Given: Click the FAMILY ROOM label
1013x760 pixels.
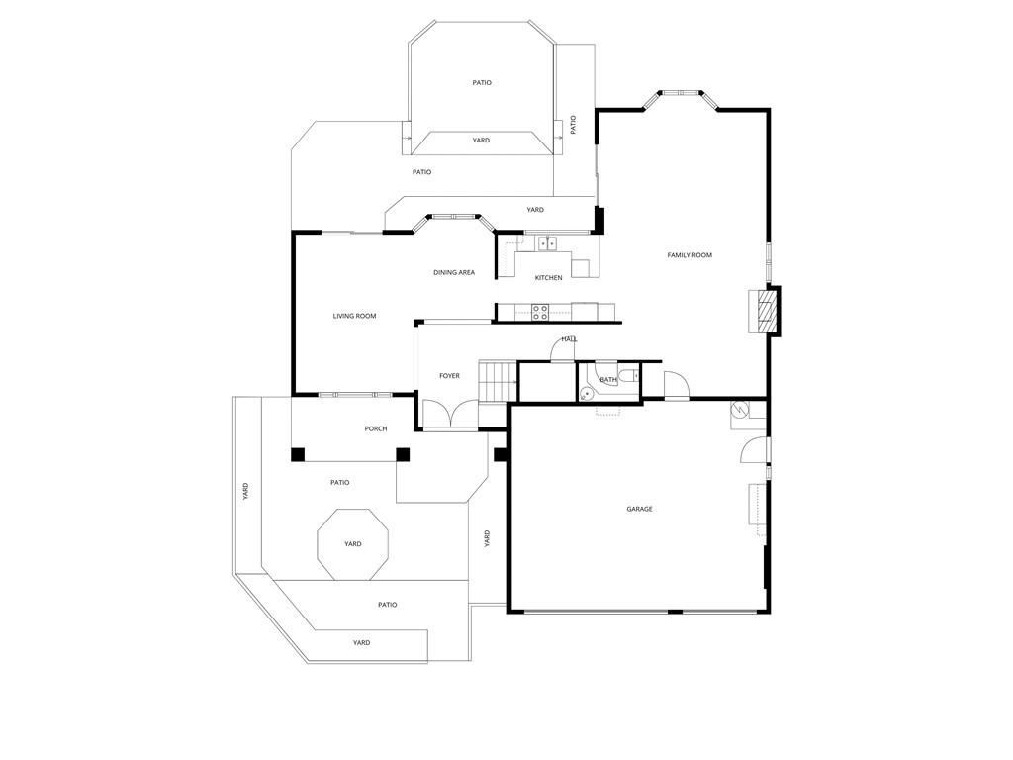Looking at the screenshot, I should pyautogui.click(x=690, y=255).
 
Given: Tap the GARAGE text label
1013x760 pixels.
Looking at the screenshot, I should pyautogui.click(x=639, y=509).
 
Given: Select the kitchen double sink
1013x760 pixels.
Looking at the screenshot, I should pyautogui.click(x=547, y=243).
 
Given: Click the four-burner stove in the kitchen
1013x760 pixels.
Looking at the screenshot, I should pyautogui.click(x=540, y=312).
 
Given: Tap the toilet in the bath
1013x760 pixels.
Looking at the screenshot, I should pyautogui.click(x=629, y=376).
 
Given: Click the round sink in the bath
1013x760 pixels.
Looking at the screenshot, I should pyautogui.click(x=587, y=393).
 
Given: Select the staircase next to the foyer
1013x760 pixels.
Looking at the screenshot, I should pyautogui.click(x=498, y=380).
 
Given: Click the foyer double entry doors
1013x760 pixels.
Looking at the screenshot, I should pyautogui.click(x=449, y=414).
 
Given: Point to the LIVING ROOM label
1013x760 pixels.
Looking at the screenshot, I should pyautogui.click(x=354, y=316).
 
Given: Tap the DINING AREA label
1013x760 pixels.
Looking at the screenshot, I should pyautogui.click(x=454, y=272).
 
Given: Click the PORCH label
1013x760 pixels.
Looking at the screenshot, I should pyautogui.click(x=375, y=428).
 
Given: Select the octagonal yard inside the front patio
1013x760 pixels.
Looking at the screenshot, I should pyautogui.click(x=352, y=544).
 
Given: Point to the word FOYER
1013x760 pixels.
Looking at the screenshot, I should pyautogui.click(x=449, y=376).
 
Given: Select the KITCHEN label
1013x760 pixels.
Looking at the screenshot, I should pyautogui.click(x=548, y=278).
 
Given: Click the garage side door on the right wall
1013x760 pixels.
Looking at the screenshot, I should pyautogui.click(x=754, y=450).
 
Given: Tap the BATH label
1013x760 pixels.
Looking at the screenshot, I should pyautogui.click(x=607, y=379).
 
